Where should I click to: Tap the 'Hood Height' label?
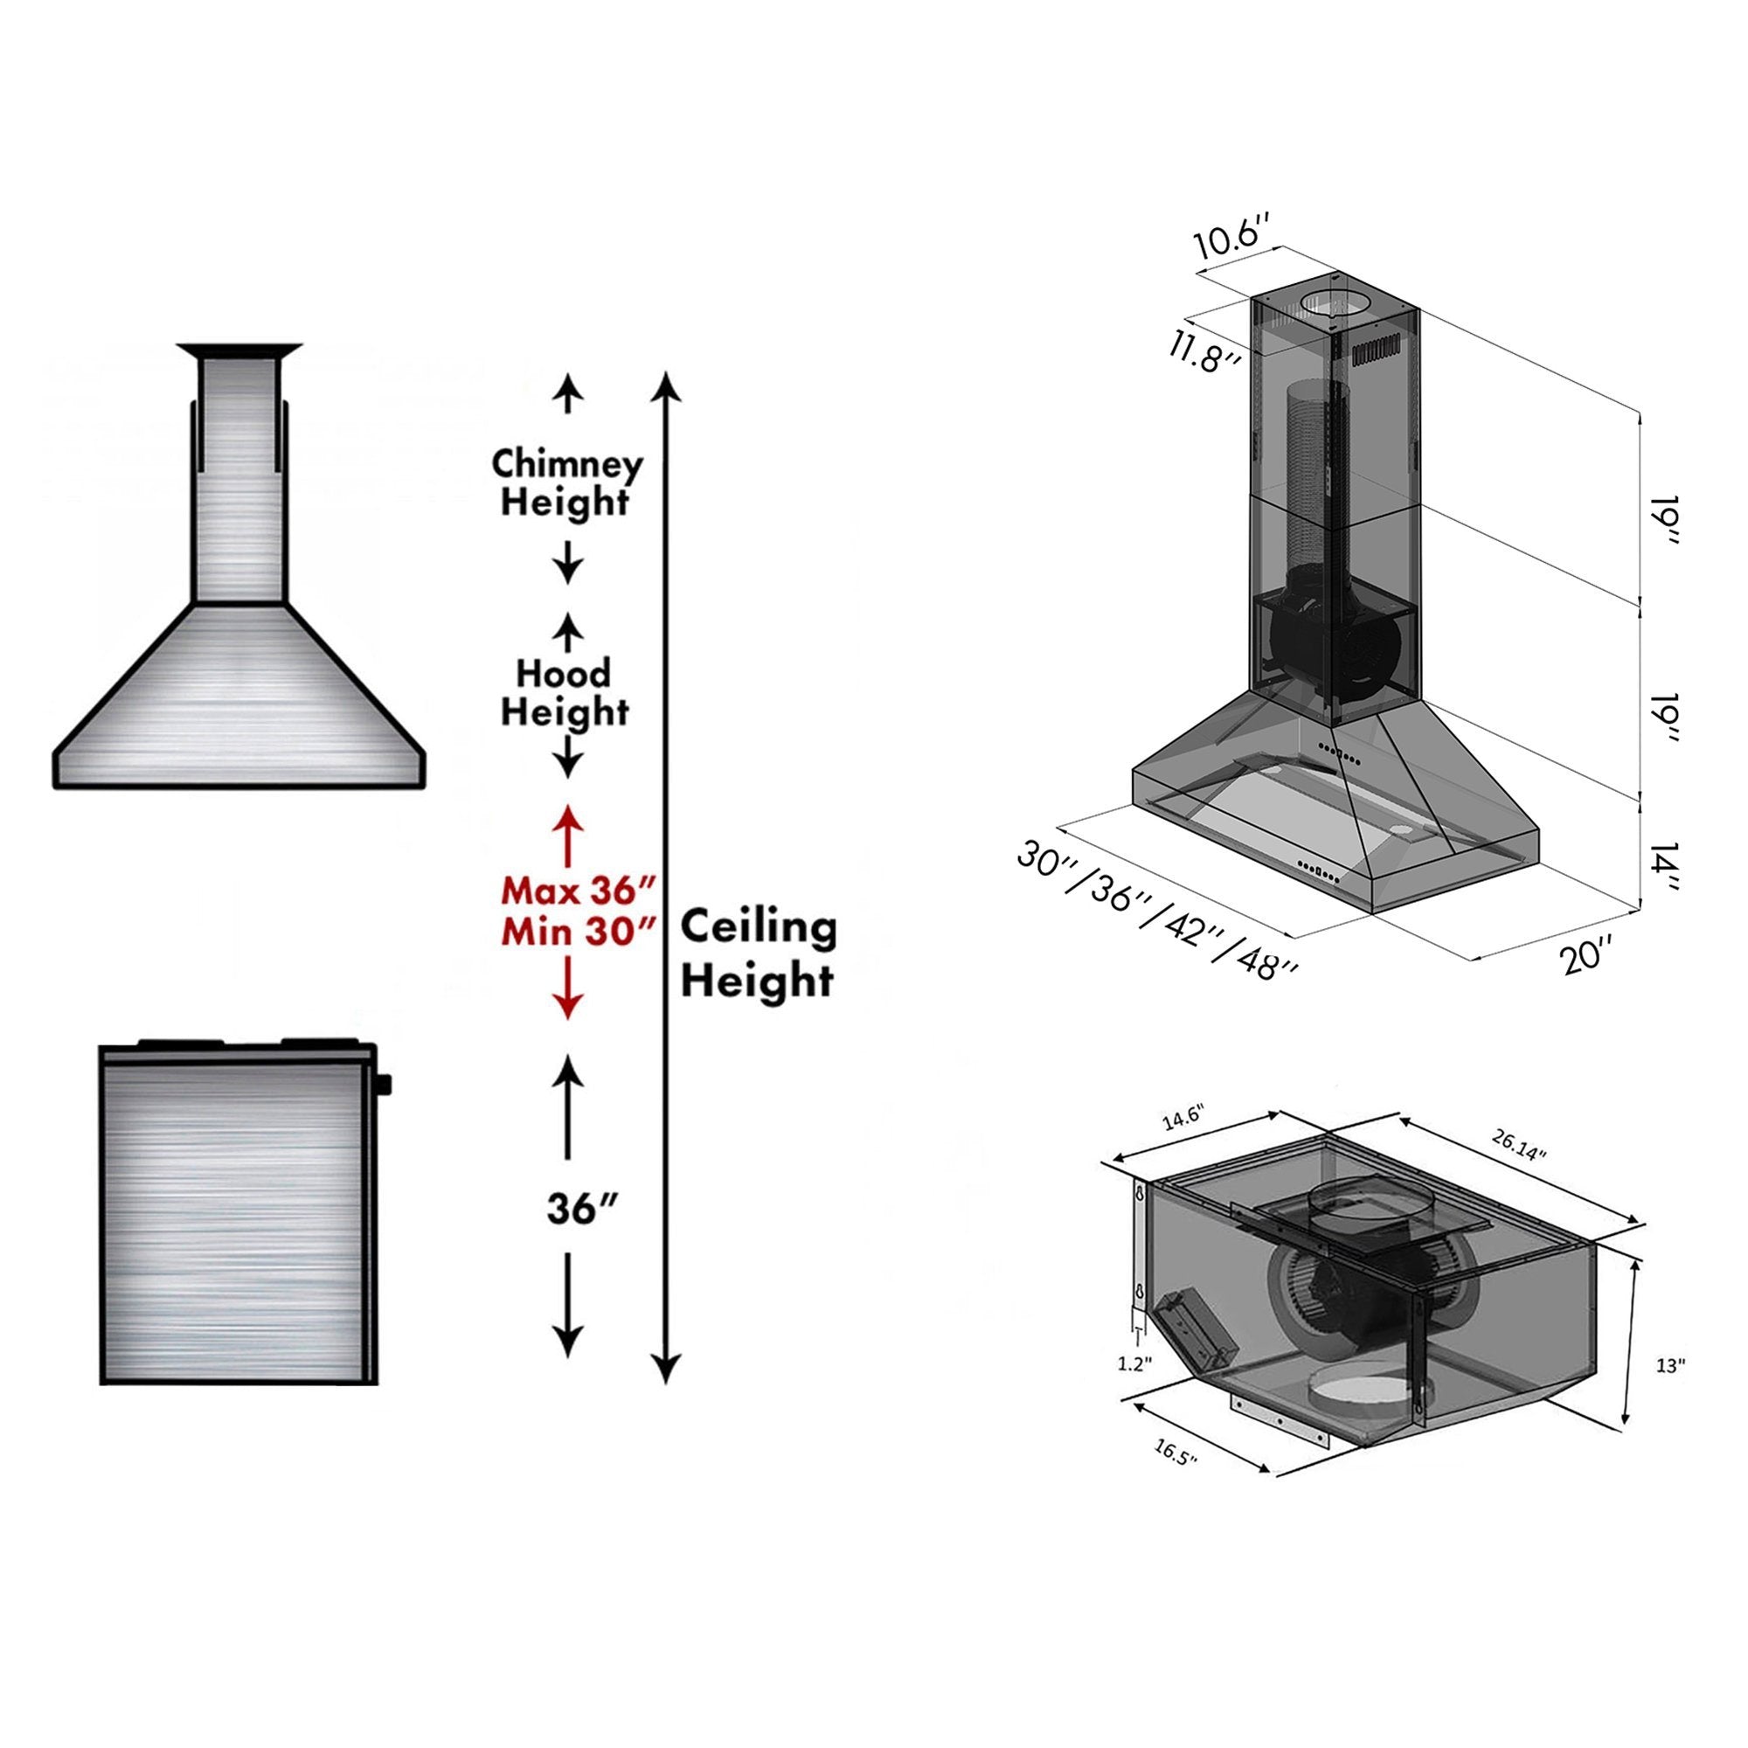564,693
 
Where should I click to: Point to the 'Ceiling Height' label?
758,954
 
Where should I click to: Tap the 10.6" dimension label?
1236,239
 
